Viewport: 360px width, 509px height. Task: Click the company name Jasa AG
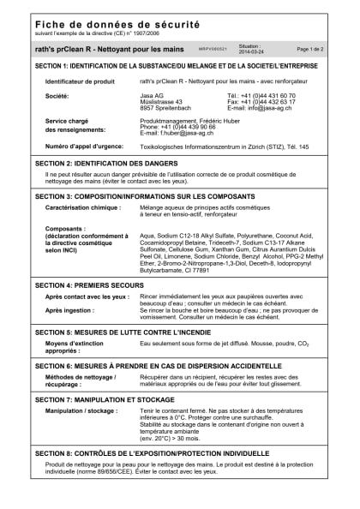coord(153,95)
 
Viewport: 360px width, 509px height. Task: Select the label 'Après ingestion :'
coord(70,310)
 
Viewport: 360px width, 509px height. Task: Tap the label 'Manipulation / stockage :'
coord(81,411)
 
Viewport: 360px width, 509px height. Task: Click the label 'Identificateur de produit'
coord(80,81)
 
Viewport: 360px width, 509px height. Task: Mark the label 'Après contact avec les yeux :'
coord(87,296)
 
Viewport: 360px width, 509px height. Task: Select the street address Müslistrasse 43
coord(161,101)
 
